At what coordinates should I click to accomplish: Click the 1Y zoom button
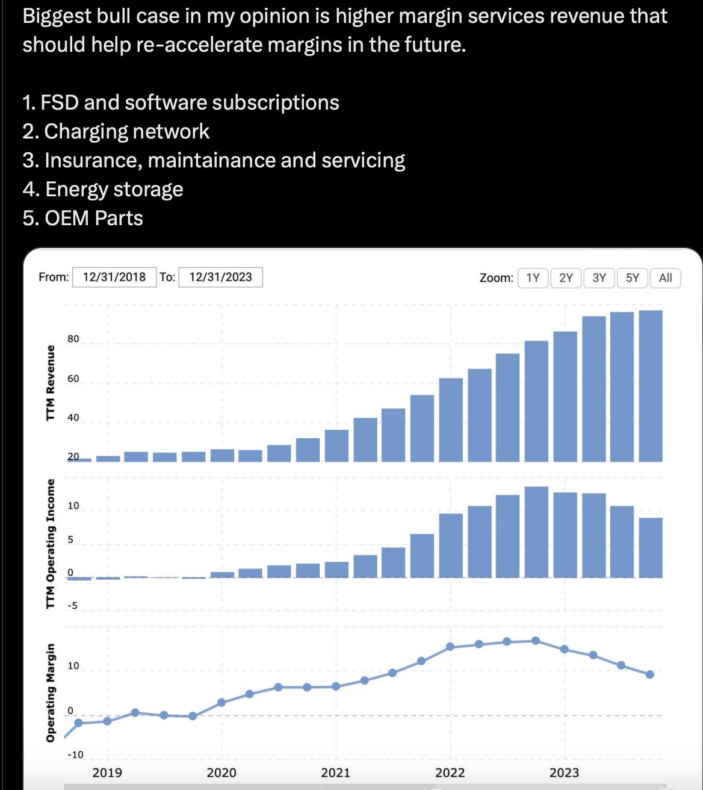pos(533,278)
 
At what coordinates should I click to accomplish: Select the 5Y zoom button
pos(632,278)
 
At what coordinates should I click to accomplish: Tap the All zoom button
pos(665,278)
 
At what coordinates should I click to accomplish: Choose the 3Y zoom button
pos(599,278)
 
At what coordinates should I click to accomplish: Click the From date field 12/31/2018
pos(114,277)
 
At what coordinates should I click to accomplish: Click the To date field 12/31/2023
pos(220,277)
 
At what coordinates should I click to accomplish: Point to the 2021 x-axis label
pos(335,773)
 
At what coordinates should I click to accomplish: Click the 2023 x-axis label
pos(564,773)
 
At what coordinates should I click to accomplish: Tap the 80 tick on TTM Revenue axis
pos(73,339)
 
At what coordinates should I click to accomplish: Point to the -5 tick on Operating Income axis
pos(72,606)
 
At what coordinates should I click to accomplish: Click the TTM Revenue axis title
pos(51,383)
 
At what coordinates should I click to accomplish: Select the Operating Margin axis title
pos(51,692)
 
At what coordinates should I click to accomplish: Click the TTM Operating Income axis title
pos(51,543)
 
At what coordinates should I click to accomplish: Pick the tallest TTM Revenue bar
pos(650,385)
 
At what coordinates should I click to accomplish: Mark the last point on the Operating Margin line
pos(650,674)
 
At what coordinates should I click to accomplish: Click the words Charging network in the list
pos(126,131)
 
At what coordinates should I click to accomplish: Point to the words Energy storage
pos(114,189)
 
